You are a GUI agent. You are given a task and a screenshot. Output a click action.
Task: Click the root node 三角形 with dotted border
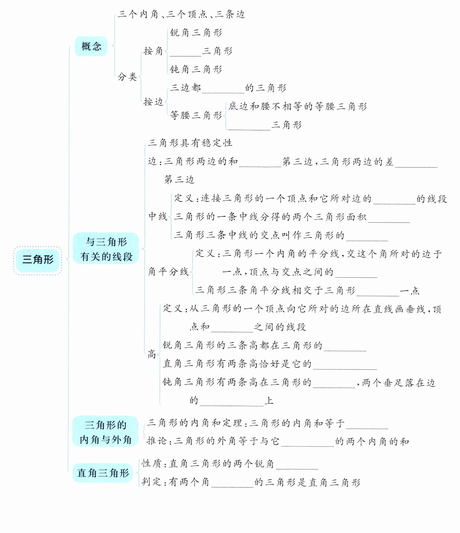coord(38,260)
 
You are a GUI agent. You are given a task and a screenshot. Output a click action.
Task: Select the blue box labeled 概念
coord(91,46)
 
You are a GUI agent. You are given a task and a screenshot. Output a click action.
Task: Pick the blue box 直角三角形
coord(103,473)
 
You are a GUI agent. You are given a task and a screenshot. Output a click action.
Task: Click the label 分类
coord(127,77)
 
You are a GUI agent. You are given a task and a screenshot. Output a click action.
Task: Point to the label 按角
coord(153,51)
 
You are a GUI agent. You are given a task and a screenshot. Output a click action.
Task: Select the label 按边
coord(153,102)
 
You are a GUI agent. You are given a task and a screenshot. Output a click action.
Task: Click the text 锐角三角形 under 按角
coord(196,33)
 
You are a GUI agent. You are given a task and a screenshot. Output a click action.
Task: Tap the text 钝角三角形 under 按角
coord(196,70)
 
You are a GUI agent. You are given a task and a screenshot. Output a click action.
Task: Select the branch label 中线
coord(158,216)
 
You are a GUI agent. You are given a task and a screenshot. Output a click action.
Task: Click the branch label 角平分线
coord(168,272)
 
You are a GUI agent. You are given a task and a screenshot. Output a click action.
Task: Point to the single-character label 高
coord(152,354)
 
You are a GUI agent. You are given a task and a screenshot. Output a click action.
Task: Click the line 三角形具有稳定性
coord(190,143)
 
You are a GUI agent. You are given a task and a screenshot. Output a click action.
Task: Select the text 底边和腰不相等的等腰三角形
coord(298,107)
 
